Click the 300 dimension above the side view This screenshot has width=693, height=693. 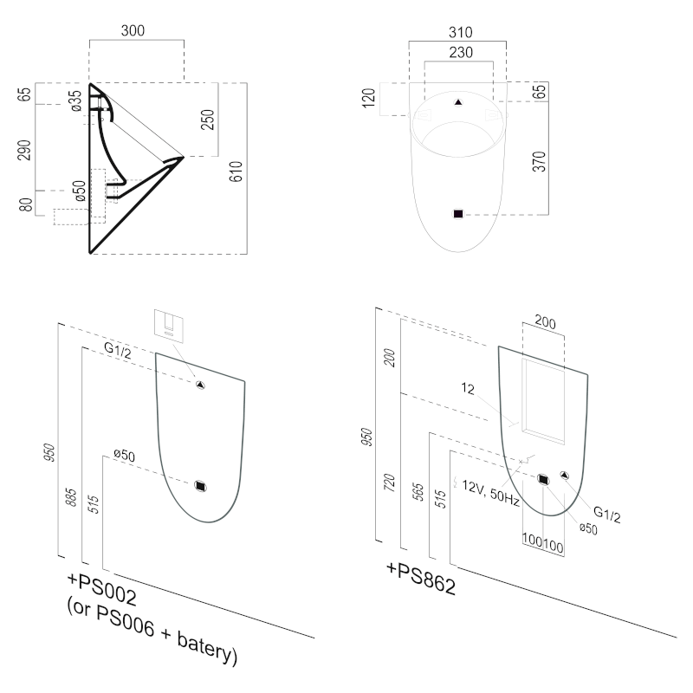pyautogui.click(x=133, y=30)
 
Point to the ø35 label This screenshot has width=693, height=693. pyautogui.click(x=76, y=100)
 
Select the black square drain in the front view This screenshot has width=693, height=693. pyautogui.click(x=459, y=213)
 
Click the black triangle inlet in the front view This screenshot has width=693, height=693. pyautogui.click(x=459, y=102)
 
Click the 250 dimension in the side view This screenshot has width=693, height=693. pyautogui.click(x=208, y=120)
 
